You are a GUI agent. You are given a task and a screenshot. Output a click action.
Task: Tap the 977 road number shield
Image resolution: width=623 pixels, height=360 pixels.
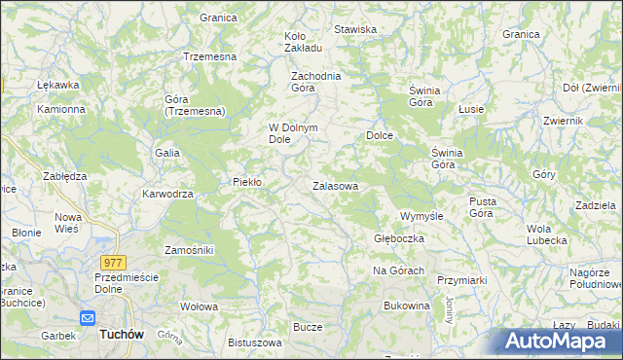(x=112, y=262)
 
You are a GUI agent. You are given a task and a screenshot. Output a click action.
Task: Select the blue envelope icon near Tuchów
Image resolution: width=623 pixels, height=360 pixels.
(x=87, y=317)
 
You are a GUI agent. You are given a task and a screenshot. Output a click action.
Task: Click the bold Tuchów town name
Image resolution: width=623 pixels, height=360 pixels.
(x=122, y=334)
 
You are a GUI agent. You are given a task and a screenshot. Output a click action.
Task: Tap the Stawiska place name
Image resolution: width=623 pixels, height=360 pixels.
(x=355, y=29)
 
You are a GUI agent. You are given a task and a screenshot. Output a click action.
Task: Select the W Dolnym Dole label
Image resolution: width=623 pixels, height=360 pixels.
(x=294, y=132)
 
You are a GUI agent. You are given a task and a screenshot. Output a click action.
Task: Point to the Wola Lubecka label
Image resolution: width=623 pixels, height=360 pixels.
(x=546, y=234)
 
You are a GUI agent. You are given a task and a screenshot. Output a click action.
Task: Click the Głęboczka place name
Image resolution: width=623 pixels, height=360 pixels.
(x=397, y=238)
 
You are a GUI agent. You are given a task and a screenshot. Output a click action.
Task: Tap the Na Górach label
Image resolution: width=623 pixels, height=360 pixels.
(x=398, y=270)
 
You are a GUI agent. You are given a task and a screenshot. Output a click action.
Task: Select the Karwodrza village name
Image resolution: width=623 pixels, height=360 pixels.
(x=168, y=194)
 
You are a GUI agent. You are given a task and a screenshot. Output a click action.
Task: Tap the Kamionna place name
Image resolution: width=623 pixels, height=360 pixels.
(x=61, y=109)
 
